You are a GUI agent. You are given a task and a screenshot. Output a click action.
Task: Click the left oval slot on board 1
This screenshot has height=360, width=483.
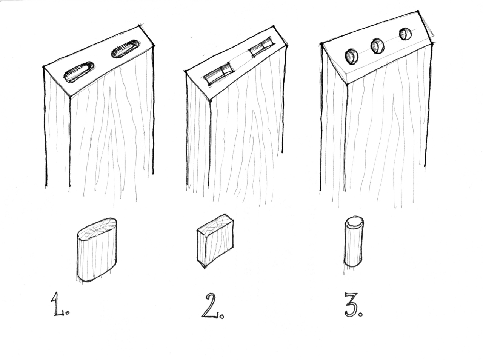(78, 72)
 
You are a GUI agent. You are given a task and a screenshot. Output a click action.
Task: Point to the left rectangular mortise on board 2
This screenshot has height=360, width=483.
(219, 74)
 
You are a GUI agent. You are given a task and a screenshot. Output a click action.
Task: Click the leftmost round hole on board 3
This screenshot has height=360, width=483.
(352, 57)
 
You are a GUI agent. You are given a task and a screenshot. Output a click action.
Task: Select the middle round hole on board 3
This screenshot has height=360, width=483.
(377, 46)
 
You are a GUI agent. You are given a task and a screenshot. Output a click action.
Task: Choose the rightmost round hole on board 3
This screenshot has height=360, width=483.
(406, 34)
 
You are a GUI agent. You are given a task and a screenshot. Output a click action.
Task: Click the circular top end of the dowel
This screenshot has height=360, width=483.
(354, 222)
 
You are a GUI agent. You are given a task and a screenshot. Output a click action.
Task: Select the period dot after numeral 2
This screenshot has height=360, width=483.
(222, 316)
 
